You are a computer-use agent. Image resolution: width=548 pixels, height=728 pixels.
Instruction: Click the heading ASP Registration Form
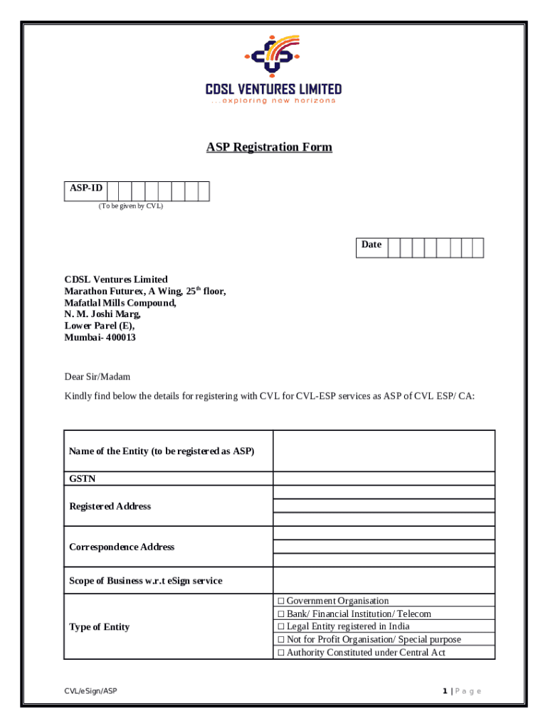click(269, 147)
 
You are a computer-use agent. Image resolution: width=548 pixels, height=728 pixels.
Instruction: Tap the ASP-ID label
click(85, 188)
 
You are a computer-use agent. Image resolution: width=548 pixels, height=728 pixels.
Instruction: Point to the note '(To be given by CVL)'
click(130, 206)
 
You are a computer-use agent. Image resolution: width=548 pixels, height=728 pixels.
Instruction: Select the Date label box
click(371, 245)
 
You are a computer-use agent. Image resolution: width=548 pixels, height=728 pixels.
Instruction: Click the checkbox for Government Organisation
click(280, 601)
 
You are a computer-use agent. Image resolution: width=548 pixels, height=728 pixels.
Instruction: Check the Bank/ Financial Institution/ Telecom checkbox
click(280, 614)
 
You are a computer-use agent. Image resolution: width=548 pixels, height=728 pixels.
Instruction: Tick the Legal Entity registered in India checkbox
click(280, 627)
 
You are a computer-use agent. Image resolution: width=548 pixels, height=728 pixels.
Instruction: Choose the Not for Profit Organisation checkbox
click(280, 640)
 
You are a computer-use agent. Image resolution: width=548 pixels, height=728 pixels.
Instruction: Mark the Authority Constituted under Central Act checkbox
click(280, 653)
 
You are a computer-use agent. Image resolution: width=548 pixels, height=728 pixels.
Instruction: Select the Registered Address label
click(110, 506)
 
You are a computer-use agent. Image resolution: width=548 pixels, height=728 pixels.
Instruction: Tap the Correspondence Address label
click(122, 547)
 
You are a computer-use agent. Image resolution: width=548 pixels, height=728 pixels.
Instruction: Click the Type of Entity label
click(99, 627)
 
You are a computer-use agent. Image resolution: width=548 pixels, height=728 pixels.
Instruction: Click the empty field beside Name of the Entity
click(384, 451)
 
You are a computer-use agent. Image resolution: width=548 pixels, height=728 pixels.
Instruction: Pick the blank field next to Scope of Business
click(384, 580)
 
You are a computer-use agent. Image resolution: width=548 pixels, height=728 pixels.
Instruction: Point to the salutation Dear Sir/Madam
click(98, 377)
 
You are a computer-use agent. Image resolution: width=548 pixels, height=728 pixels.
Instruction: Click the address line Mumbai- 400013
click(100, 338)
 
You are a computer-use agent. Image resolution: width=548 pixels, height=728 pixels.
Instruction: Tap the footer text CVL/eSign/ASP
click(89, 691)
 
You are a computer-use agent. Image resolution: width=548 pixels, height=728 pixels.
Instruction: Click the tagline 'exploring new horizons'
click(273, 101)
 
